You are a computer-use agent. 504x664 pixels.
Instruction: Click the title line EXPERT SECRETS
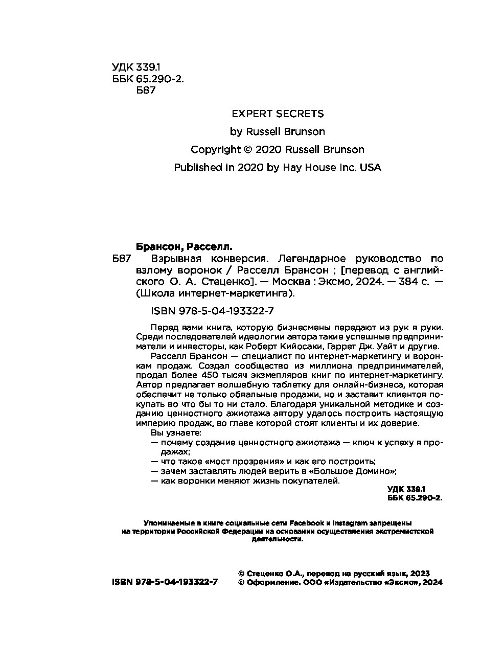(x=278, y=113)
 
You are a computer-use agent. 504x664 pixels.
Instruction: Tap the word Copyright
(x=215, y=149)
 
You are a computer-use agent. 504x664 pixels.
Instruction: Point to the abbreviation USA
(x=371, y=167)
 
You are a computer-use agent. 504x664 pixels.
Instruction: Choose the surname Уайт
(x=394, y=346)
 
